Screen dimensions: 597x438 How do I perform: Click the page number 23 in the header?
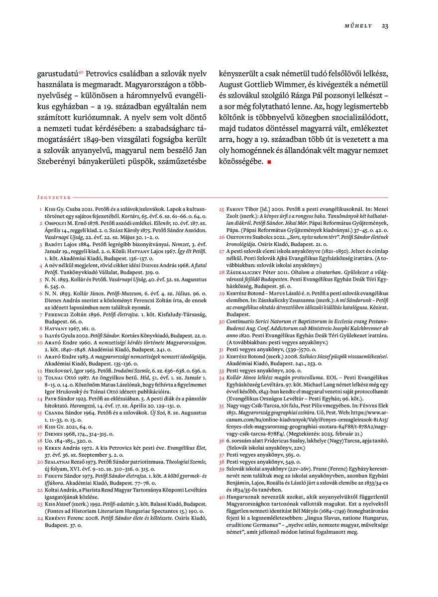[x=385, y=26]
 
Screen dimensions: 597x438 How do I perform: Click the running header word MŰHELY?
[x=358, y=26]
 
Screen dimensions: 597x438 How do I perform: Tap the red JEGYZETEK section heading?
[x=55, y=198]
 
